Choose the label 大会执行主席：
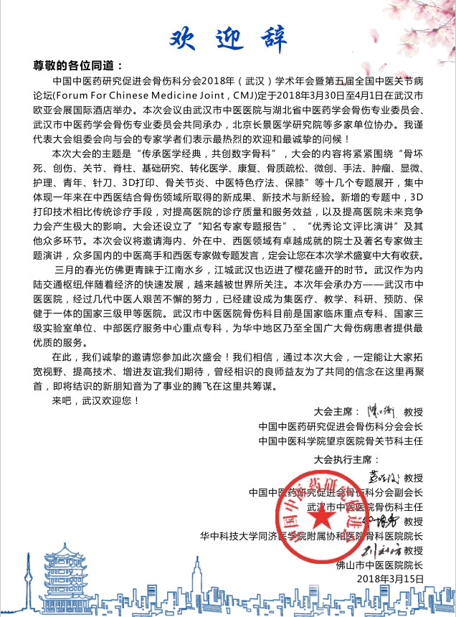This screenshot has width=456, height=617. [346, 459]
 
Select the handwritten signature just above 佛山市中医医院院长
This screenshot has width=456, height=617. [379, 551]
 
